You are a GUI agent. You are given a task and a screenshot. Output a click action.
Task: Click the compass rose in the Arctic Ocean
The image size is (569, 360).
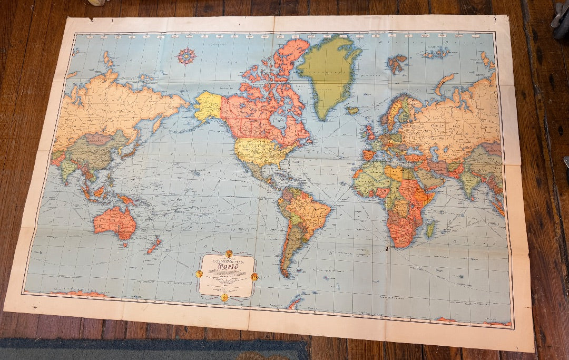[x=186, y=55]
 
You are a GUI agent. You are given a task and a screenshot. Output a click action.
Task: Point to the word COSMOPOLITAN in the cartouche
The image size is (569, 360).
[x=227, y=259]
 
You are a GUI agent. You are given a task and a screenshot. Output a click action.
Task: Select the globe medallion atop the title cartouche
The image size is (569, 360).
[x=229, y=254]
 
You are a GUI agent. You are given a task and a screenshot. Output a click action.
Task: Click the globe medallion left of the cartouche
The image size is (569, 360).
[x=199, y=274]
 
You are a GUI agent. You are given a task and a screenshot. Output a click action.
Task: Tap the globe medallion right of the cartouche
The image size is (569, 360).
[x=254, y=276]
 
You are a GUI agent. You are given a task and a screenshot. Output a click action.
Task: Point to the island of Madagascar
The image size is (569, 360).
[x=430, y=228]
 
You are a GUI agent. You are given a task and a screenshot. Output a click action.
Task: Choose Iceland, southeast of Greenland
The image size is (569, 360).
[x=352, y=110]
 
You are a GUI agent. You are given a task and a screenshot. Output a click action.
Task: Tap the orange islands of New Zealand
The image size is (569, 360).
[x=154, y=245]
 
